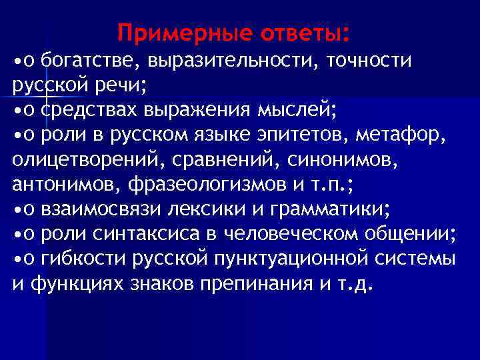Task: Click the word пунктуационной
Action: [295, 259]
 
